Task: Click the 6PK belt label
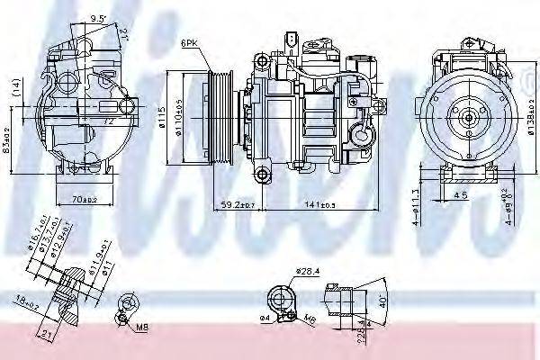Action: coord(188,42)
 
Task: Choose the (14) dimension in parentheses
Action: coord(15,87)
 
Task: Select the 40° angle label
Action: coord(382,300)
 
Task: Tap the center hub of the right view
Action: coord(468,116)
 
